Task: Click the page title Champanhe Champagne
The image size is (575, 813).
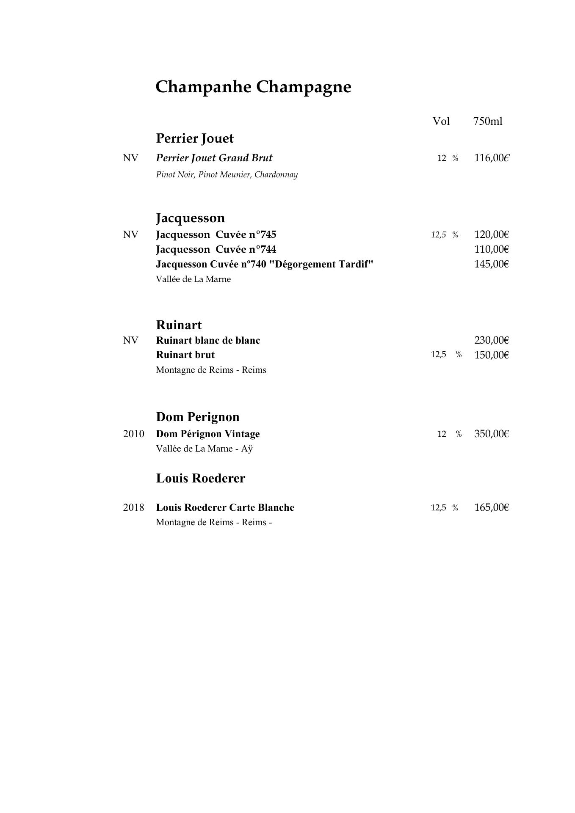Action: point(253,87)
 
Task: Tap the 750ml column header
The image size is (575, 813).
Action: point(487,121)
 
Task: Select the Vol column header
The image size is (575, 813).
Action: point(441,121)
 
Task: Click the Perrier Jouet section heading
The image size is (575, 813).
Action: point(195,138)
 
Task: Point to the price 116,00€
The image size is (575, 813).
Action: point(491,158)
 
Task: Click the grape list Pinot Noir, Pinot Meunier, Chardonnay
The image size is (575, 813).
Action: point(227,174)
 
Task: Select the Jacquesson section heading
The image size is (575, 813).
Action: point(190,218)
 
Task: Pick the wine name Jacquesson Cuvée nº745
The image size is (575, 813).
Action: point(216,234)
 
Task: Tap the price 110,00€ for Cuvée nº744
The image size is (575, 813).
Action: point(491,249)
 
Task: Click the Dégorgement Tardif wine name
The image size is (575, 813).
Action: point(265,264)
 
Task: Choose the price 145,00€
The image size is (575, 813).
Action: point(491,264)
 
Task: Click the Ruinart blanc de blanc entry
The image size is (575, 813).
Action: point(208,340)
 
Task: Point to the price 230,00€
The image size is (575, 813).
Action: point(491,340)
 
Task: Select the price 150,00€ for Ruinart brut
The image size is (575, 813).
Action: point(491,355)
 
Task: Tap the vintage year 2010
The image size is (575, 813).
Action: point(133,434)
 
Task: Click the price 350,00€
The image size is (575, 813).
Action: point(491,434)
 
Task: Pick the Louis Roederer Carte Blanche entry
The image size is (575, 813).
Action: point(225,507)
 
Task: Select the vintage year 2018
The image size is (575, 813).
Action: point(133,507)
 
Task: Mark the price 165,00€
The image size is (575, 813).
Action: point(491,507)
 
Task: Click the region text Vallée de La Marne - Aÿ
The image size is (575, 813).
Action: point(204,449)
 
